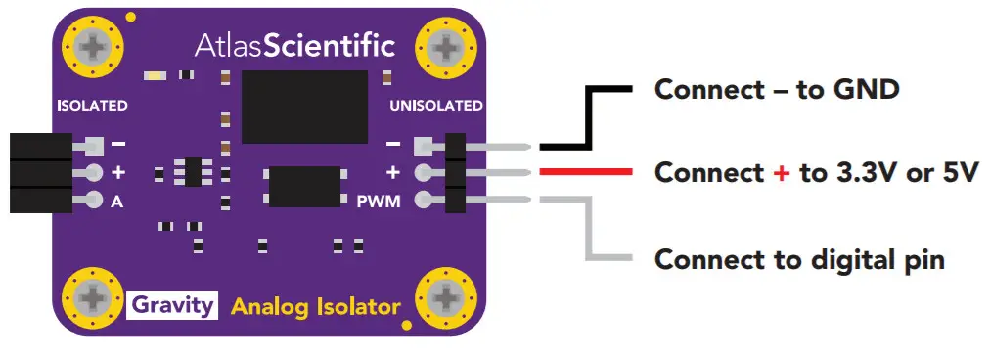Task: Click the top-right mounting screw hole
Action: pos(447,46)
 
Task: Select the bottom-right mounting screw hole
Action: pos(447,296)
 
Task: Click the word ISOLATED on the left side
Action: pos(93,105)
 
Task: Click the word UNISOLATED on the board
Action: pos(436,105)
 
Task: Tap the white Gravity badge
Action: pos(172,305)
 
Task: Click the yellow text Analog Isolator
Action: pos(315,307)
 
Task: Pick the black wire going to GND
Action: pos(587,117)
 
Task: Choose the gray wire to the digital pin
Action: pos(587,235)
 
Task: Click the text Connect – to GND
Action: pos(776,90)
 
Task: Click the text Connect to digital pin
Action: pos(798,259)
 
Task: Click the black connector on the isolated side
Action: pos(40,173)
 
